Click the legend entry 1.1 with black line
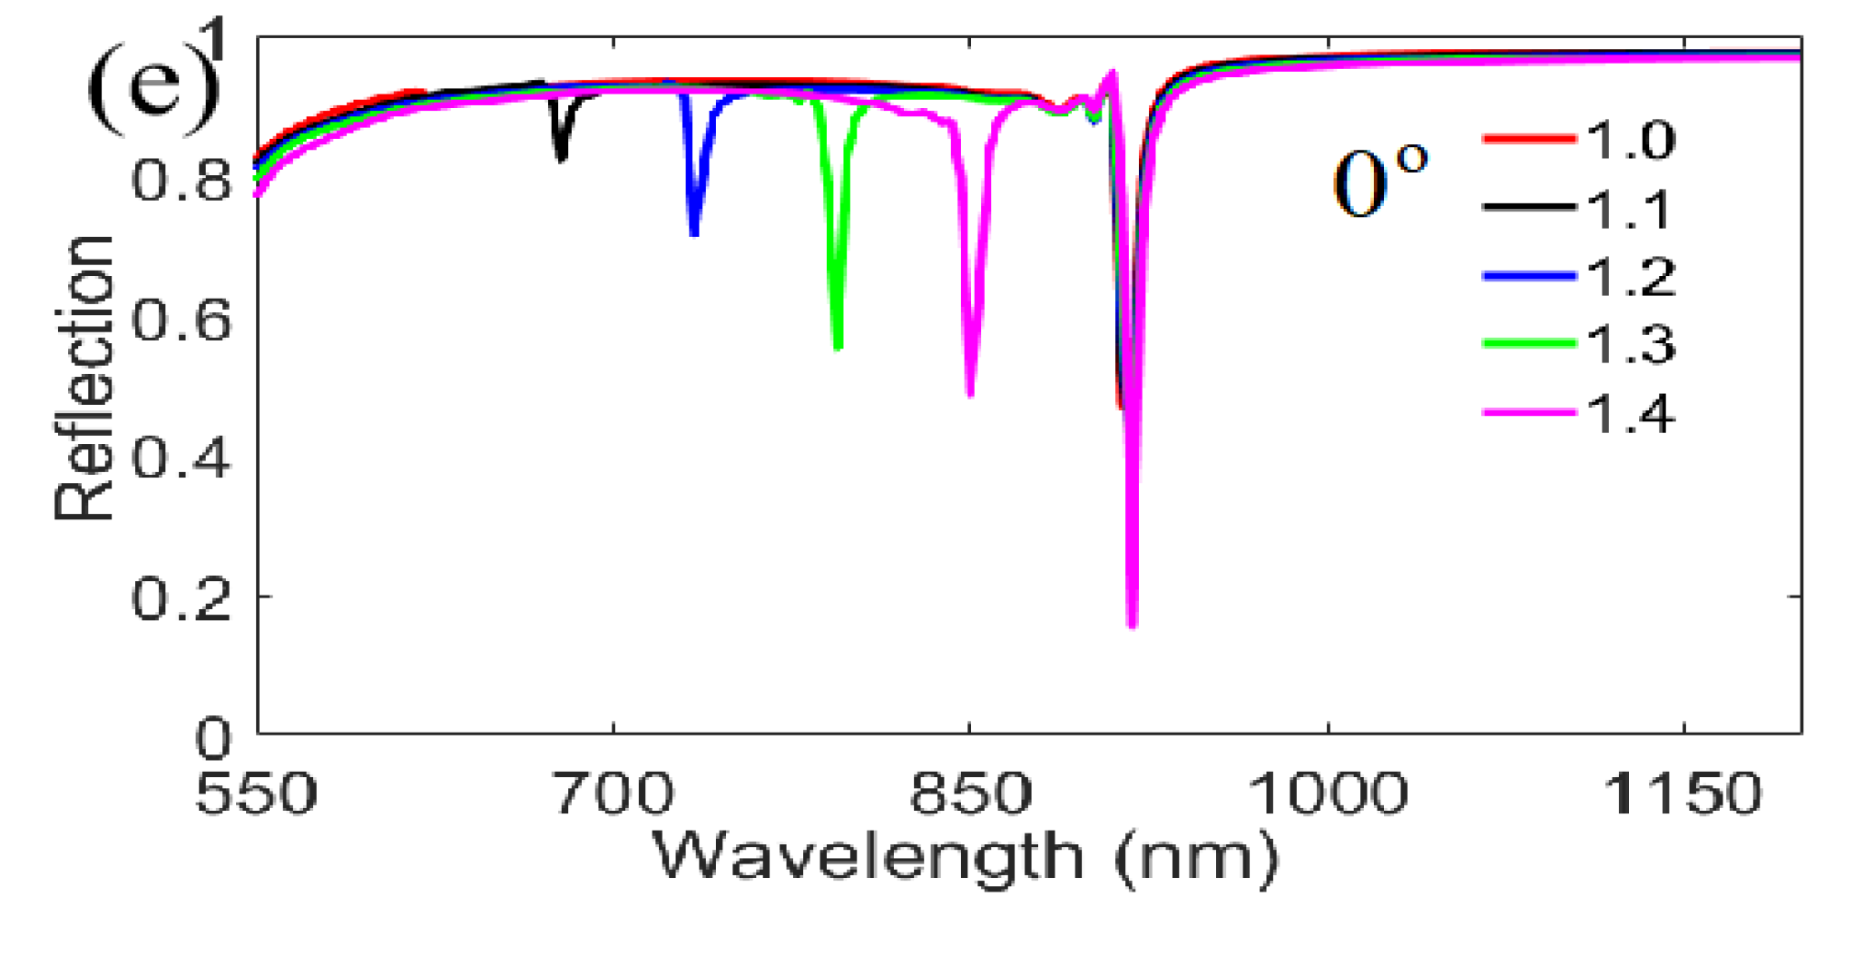pos(1579,209)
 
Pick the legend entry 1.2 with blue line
pos(1579,276)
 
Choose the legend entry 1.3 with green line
pos(1579,344)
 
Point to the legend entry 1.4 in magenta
pos(1579,414)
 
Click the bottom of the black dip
pos(562,159)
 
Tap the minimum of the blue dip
pos(694,233)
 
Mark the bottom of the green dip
pos(838,347)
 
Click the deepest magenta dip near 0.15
pos(1132,625)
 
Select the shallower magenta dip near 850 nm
pos(970,393)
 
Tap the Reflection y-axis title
pos(83,377)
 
